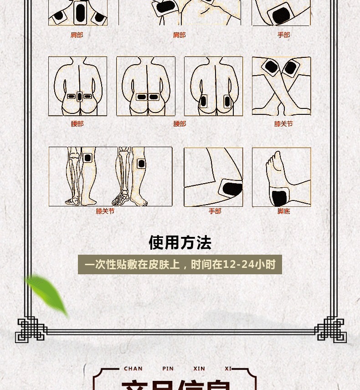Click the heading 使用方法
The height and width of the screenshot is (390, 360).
(x=180, y=243)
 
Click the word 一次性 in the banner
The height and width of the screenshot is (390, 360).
(x=102, y=265)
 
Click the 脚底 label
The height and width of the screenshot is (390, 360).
(x=283, y=211)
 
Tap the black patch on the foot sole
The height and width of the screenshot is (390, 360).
(x=279, y=198)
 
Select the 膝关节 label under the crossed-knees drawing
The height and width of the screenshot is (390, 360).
(x=283, y=124)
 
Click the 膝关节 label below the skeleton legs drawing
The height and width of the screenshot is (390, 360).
(x=105, y=211)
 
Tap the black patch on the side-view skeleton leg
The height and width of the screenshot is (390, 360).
(x=141, y=164)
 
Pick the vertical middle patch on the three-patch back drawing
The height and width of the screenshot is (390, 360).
(x=79, y=96)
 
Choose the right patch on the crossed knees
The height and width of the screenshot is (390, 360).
(x=290, y=68)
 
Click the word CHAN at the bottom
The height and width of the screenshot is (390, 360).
(x=133, y=369)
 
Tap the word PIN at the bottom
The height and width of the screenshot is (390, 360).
(x=168, y=369)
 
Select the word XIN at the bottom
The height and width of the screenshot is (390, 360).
(x=199, y=369)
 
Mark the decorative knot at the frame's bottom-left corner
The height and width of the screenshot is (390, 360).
(x=31, y=329)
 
